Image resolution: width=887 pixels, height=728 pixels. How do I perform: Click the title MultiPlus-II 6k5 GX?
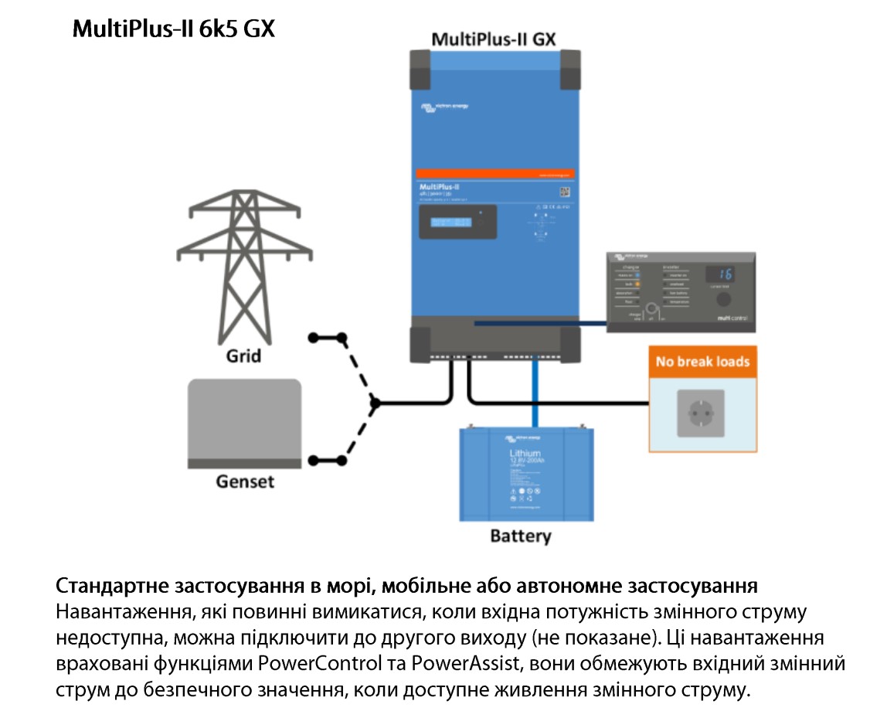click(x=174, y=29)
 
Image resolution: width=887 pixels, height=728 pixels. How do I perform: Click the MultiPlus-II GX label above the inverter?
click(x=494, y=39)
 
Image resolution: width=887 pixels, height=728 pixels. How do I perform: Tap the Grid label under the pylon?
click(x=243, y=356)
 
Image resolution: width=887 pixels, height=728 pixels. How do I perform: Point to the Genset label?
click(x=244, y=481)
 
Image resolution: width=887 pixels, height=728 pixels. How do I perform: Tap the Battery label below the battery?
click(x=521, y=536)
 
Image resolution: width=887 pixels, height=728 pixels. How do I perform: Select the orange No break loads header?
click(x=702, y=361)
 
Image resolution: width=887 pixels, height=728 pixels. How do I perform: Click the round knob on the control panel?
click(x=723, y=301)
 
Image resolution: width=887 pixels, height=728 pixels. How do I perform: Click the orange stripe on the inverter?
click(x=494, y=173)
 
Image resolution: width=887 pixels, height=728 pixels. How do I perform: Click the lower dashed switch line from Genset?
click(x=357, y=434)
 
